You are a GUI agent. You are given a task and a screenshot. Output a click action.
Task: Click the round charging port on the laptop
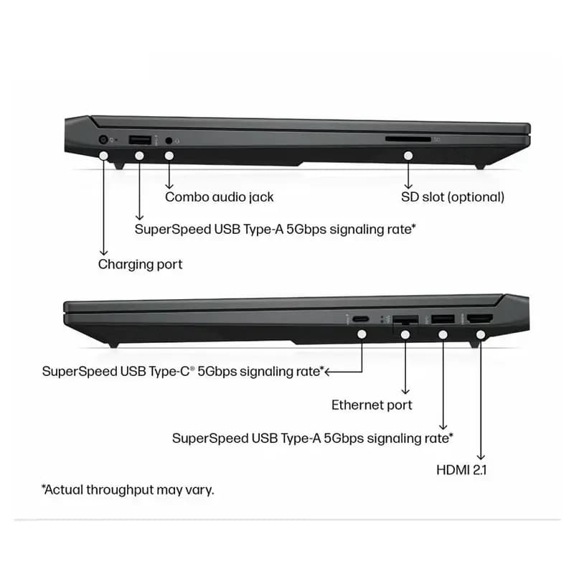tap(103, 139)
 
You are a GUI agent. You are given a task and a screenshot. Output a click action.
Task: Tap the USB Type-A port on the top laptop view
tap(140, 140)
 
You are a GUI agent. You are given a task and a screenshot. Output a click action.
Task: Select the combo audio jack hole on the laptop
tap(169, 140)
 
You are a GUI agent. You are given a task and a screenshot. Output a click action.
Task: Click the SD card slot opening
tap(408, 139)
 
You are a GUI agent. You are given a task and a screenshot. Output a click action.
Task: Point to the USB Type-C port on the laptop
tap(361, 319)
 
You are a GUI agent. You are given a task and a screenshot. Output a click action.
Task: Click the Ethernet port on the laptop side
tap(405, 319)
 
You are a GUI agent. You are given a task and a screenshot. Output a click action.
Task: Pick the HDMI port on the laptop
tap(480, 319)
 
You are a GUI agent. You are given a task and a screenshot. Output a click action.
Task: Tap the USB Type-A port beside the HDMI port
tap(443, 319)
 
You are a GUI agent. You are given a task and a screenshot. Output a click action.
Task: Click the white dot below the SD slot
tap(408, 156)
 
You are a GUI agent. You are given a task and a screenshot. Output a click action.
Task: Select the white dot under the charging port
tap(103, 156)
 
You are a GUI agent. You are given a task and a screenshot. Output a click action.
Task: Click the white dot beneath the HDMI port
tap(481, 334)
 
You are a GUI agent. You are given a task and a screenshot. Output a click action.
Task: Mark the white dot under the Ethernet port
tap(405, 334)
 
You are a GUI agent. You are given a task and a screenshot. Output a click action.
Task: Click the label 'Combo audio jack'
tap(220, 197)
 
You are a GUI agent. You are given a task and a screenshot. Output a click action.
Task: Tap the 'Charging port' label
tap(140, 264)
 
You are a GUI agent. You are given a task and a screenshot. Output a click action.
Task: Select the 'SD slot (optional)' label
tap(453, 197)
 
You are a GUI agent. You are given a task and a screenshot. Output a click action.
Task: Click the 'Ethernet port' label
tap(372, 405)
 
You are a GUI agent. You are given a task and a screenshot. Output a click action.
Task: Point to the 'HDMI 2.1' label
tap(461, 470)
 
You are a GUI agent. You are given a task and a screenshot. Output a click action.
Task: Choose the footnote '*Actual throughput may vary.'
tap(128, 489)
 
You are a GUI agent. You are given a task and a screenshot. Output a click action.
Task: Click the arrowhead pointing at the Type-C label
tap(328, 372)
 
